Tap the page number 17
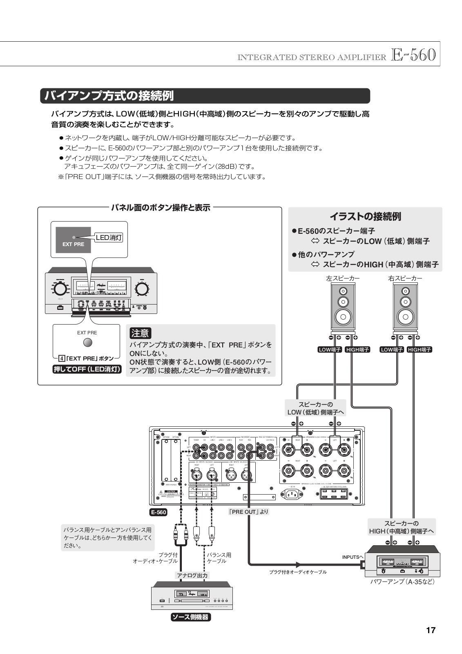tap(431, 630)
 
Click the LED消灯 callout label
tap(109, 237)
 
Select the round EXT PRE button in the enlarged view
tap(87, 343)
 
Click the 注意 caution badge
tap(140, 333)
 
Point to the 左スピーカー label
tap(343, 278)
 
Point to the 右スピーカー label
tap(405, 278)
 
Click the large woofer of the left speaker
tap(343, 316)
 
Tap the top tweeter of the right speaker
tap(405, 291)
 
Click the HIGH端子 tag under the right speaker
tap(420, 349)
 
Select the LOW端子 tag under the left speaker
tap(330, 349)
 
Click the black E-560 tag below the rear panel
tap(158, 512)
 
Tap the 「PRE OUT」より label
tap(248, 511)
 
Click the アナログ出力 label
tap(192, 575)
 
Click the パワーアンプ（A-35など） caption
tap(402, 581)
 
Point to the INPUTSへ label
tap(353, 557)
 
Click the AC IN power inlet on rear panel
tap(292, 494)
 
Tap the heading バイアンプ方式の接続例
tap(109, 96)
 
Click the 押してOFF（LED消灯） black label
tap(87, 370)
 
